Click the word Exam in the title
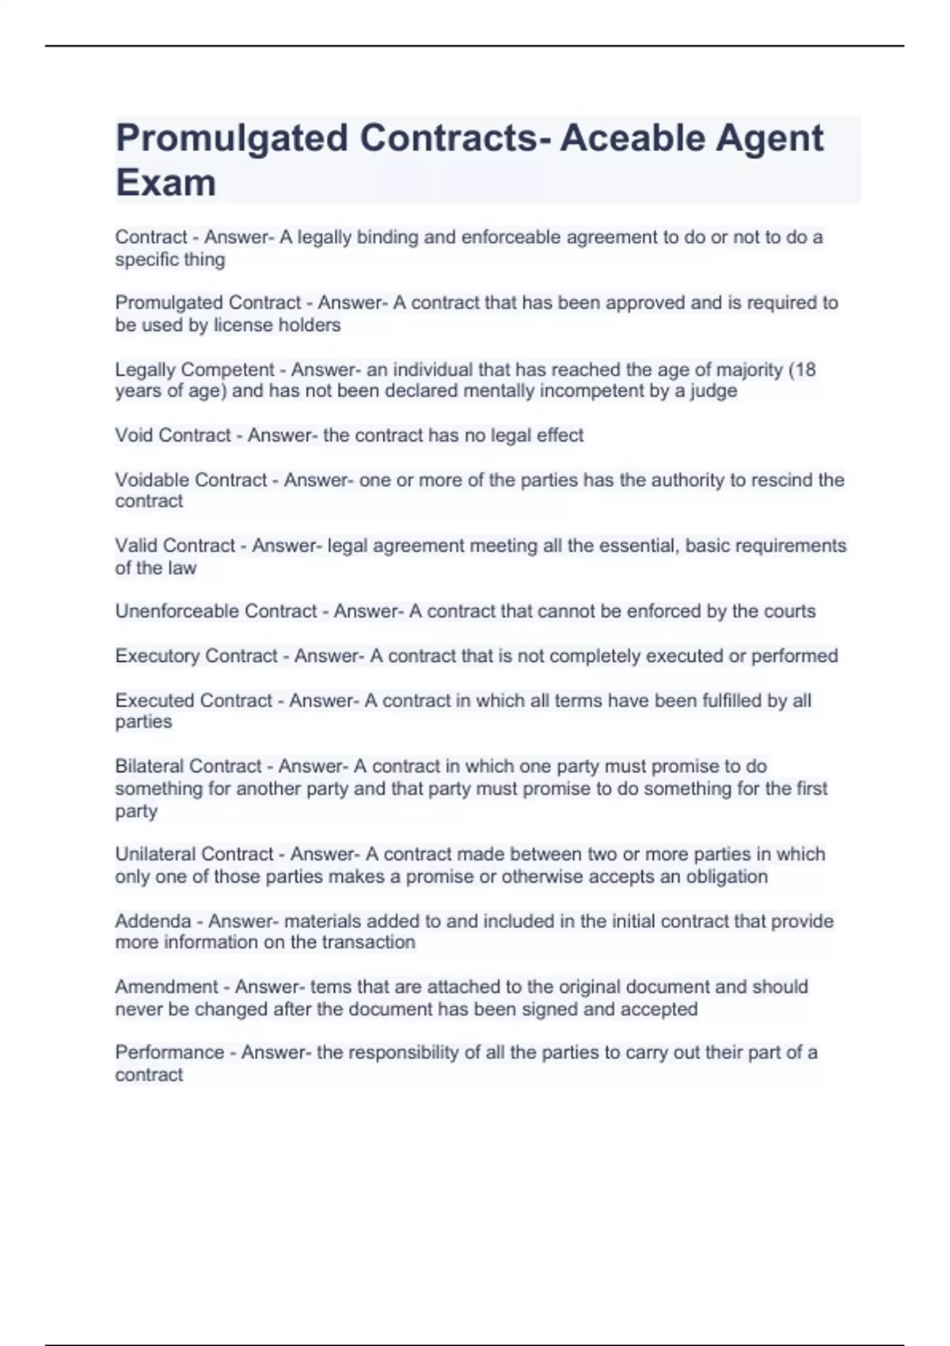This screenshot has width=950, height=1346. (165, 183)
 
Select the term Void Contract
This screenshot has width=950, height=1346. (173, 435)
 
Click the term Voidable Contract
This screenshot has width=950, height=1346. (191, 480)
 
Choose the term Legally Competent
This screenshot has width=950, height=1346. (195, 370)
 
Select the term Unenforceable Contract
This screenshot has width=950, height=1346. (216, 611)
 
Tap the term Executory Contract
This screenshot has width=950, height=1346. (196, 656)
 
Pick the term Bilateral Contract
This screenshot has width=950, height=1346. (188, 766)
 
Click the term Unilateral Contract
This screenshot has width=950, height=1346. (194, 854)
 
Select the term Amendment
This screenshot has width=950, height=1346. (166, 987)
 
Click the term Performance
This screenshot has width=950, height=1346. (169, 1052)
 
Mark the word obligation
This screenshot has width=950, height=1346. (728, 876)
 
